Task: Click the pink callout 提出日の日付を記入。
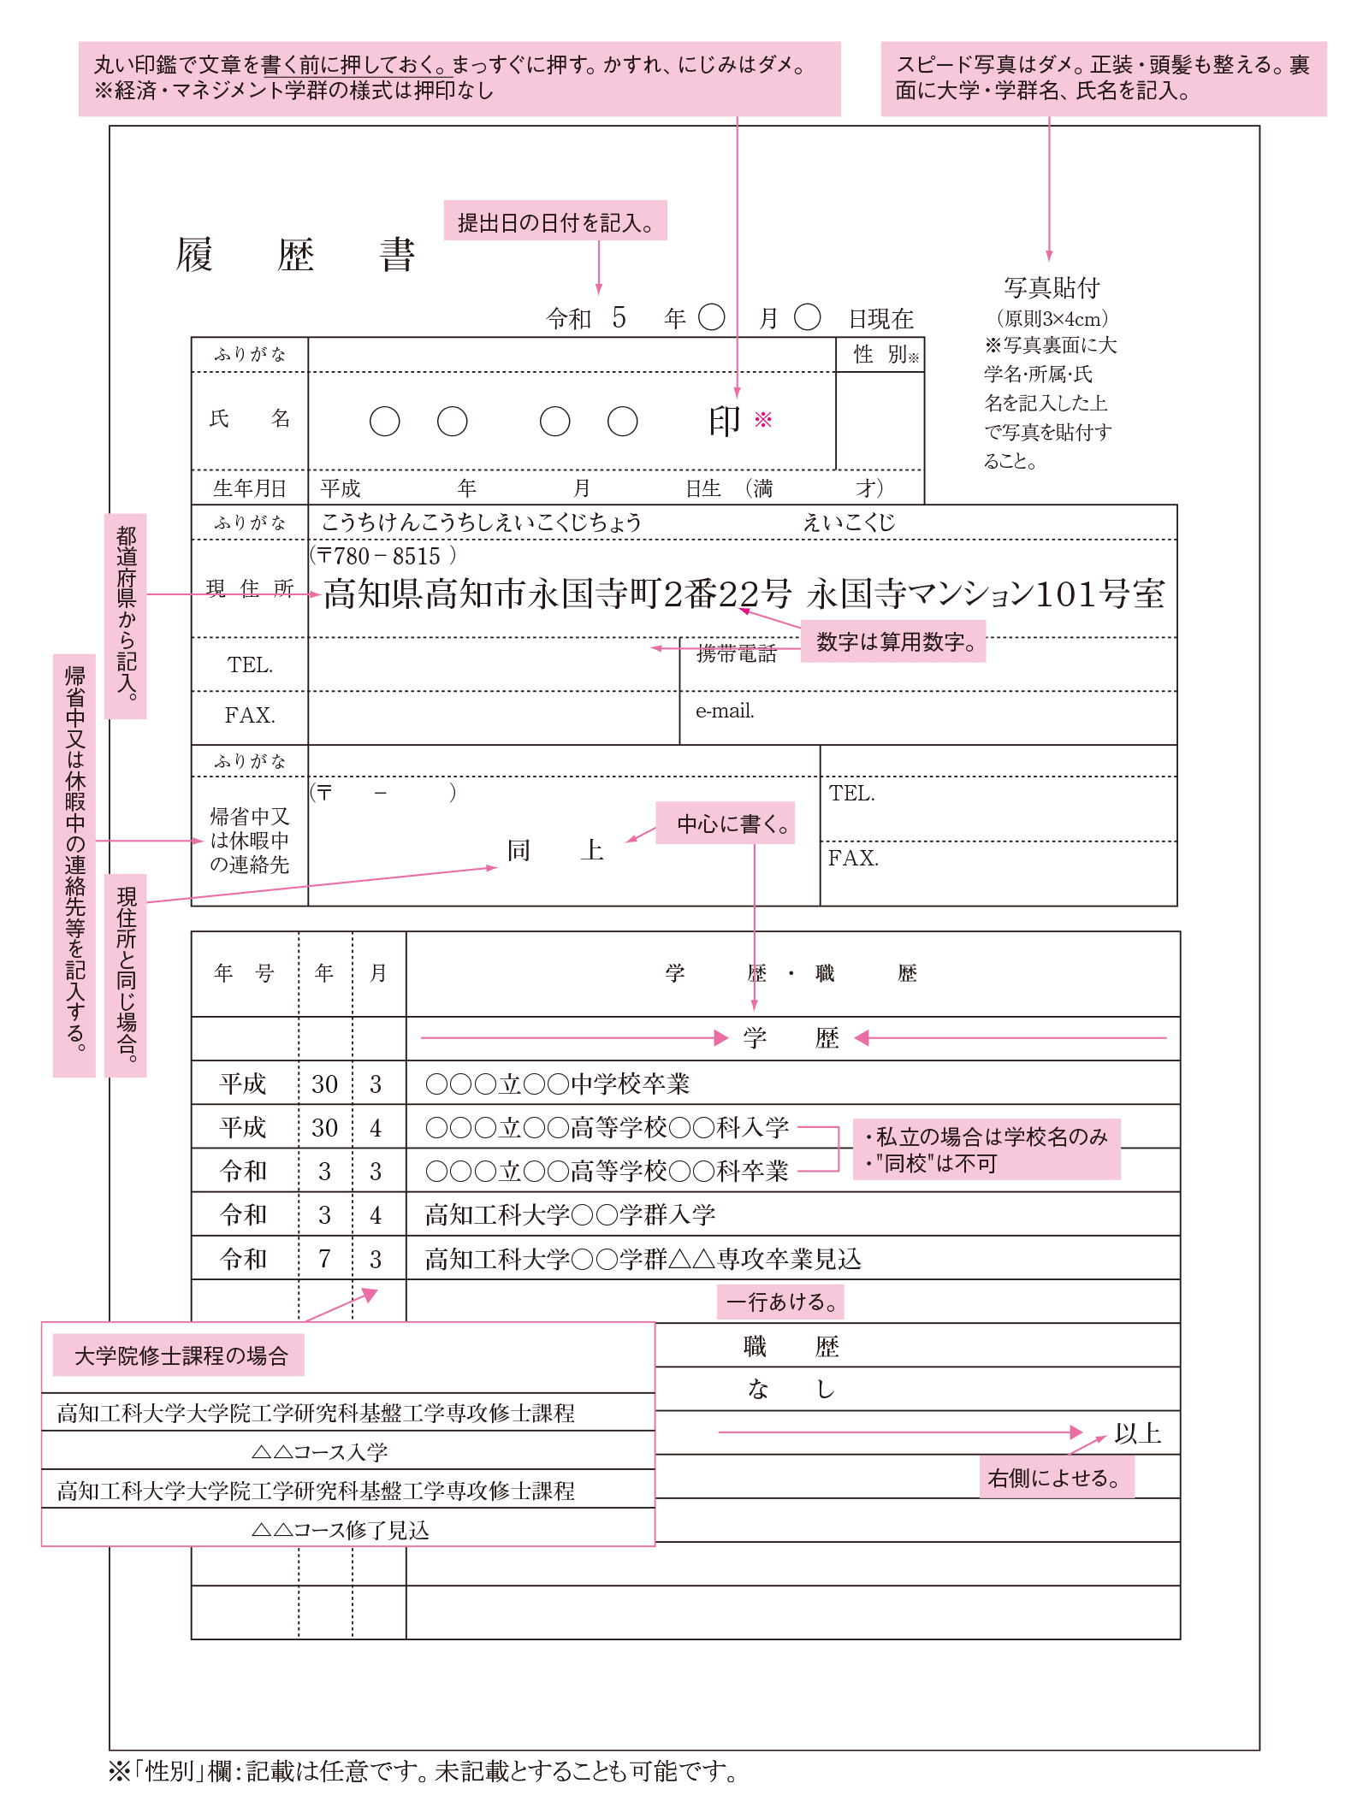coord(555,221)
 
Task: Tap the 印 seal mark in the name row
coord(724,421)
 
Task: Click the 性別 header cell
coord(880,354)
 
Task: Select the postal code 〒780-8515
coord(383,556)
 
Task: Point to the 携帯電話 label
coord(736,654)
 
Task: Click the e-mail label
coord(725,711)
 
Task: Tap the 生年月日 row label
coord(249,488)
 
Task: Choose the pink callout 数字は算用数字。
coord(893,641)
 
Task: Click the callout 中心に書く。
coord(726,823)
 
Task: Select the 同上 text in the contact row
coord(555,850)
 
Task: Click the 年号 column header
coord(244,973)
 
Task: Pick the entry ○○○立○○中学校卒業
coord(558,1084)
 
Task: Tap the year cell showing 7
coord(324,1258)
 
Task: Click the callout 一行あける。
coord(780,1302)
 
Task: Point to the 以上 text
coord(1137,1433)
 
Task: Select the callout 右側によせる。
coord(1056,1477)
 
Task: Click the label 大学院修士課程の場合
coord(179,1355)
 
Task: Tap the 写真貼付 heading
coord(1052,288)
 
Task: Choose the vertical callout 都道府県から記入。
coord(126,615)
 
